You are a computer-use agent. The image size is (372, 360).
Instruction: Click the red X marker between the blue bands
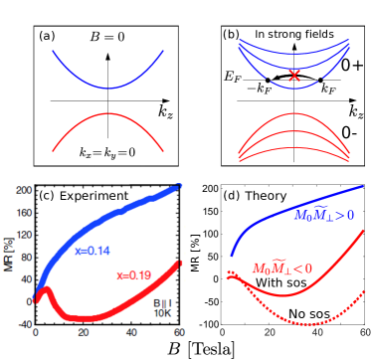pos(293,76)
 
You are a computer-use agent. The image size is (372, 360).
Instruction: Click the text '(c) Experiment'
pos(84,196)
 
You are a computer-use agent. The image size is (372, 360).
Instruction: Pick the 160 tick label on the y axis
pos(23,213)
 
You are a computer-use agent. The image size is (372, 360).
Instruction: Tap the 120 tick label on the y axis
pos(23,238)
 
